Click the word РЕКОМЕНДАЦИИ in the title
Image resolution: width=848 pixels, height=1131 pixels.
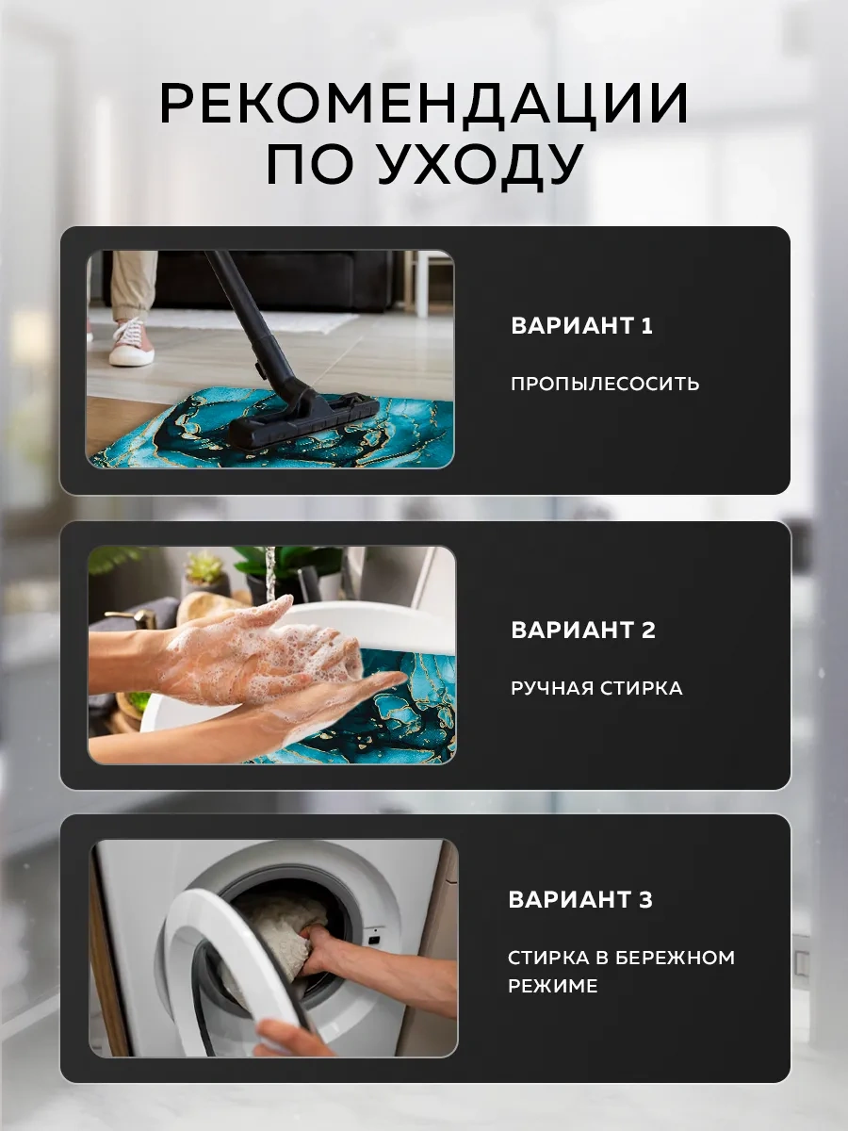[x=424, y=104]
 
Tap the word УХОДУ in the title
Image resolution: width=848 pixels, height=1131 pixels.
[x=479, y=165]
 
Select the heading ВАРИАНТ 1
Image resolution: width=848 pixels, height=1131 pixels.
[x=581, y=326]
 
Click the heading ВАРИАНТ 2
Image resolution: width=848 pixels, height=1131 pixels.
[x=582, y=631]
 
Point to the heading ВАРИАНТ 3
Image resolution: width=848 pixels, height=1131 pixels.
[x=579, y=900]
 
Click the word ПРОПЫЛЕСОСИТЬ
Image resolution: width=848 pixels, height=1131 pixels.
[x=605, y=384]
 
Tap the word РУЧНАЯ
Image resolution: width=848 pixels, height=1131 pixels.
[x=551, y=688]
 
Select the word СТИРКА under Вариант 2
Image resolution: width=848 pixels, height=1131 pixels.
[x=641, y=688]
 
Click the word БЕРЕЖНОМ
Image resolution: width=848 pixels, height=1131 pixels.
[x=675, y=958]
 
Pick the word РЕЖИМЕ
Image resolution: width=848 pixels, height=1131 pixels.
[x=553, y=986]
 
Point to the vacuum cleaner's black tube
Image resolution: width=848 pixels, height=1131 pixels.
[x=245, y=320]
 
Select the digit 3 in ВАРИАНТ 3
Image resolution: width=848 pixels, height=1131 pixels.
[x=644, y=900]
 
